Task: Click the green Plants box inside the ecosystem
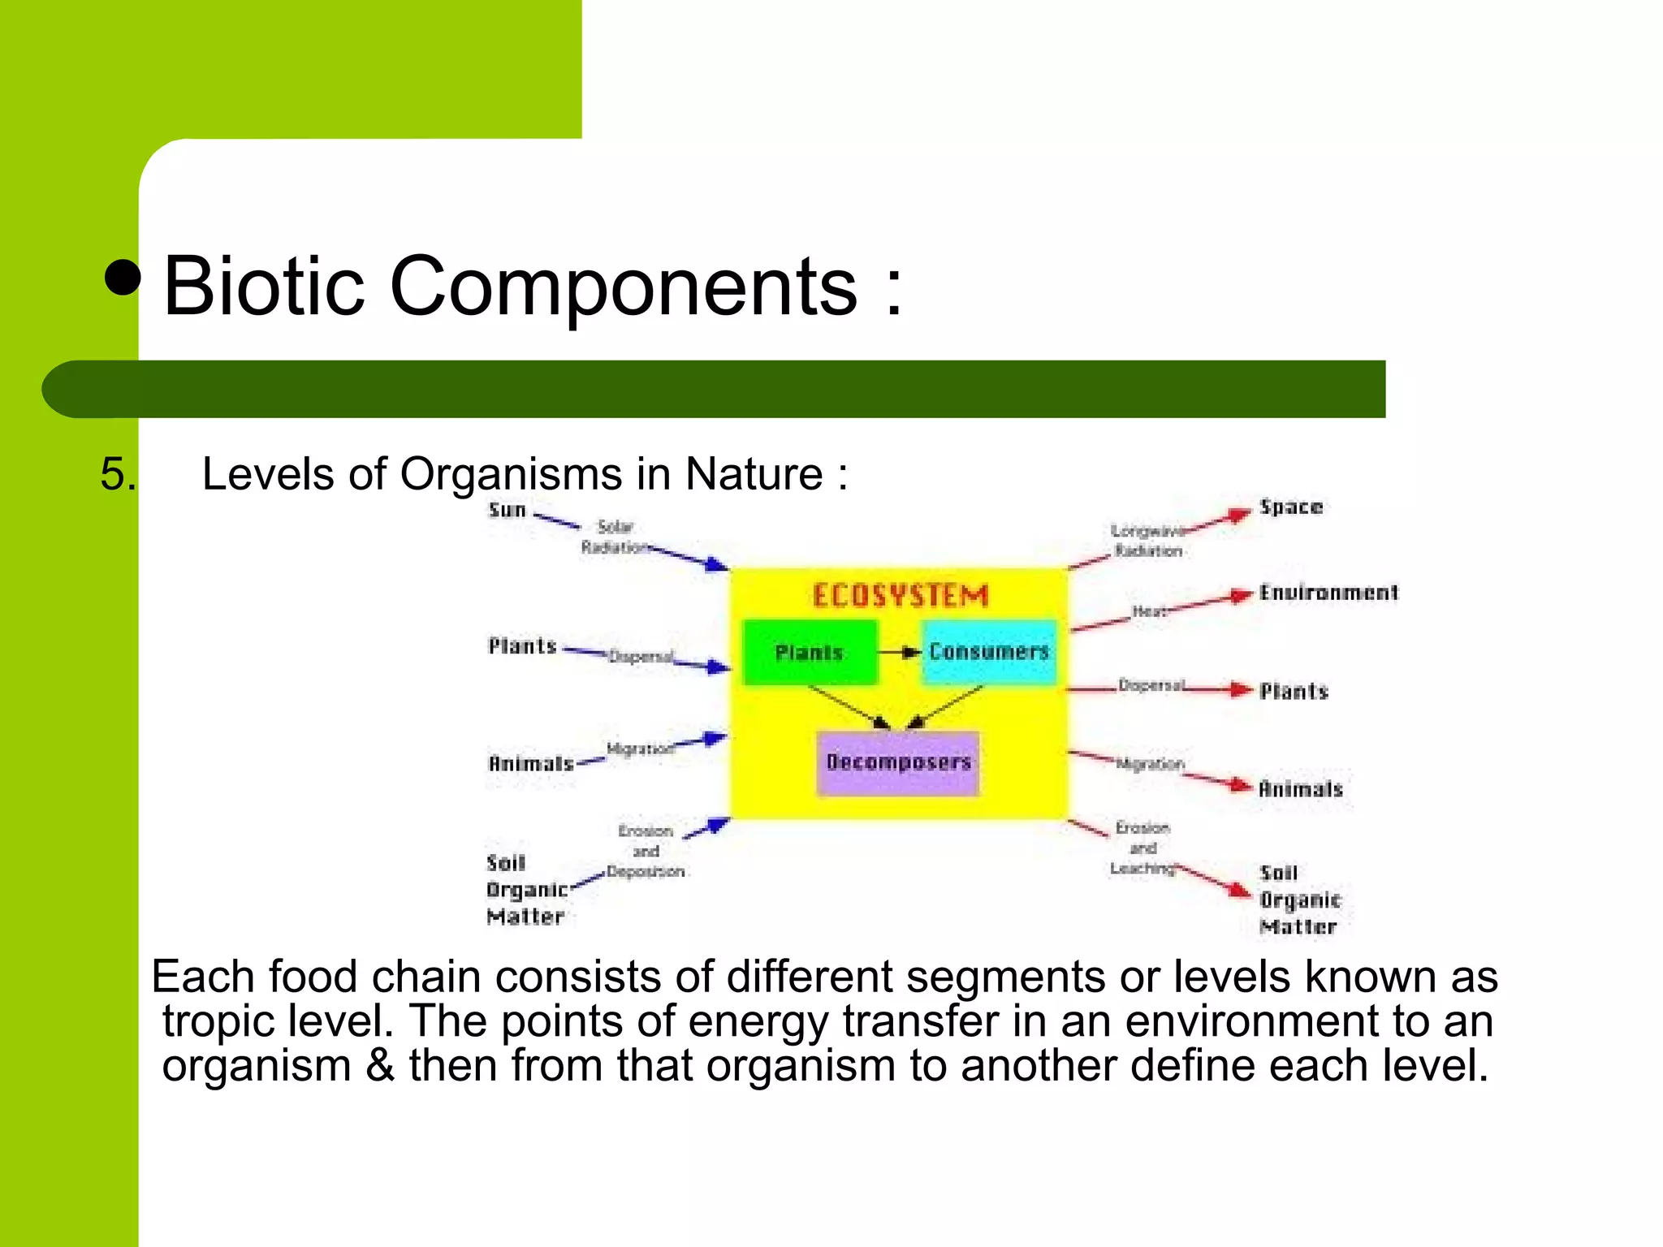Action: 810,652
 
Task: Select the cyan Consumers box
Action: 989,652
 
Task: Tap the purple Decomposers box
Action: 898,762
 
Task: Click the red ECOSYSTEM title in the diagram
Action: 901,596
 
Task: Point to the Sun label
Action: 508,511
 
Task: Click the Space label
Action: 1291,507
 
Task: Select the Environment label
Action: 1328,593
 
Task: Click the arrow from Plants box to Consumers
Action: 900,652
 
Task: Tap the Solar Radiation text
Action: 615,537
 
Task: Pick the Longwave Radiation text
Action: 1147,541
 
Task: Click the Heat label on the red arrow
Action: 1149,611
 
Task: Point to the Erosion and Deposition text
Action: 646,851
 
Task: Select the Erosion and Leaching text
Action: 1143,848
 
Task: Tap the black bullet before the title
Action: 123,278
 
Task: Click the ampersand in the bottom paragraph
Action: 379,1065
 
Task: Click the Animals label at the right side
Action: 1301,789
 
